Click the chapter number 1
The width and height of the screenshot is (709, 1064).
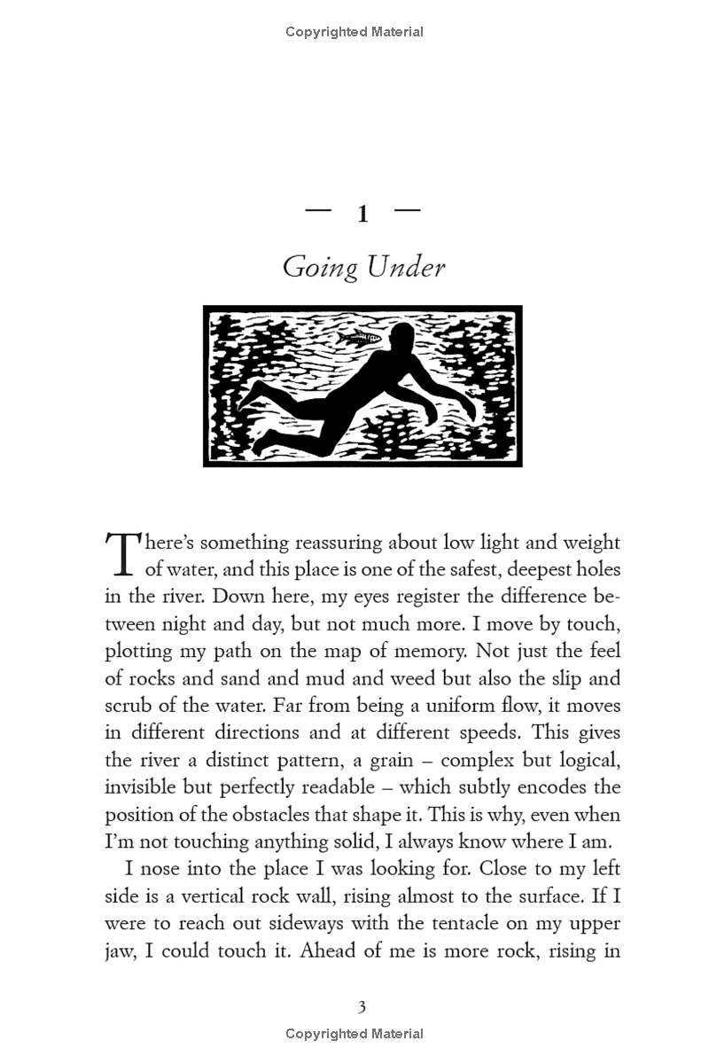pos(362,215)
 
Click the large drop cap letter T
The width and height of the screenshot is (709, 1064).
pos(123,552)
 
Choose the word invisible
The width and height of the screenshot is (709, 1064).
pos(144,787)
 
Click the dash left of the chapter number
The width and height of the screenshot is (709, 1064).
pos(317,211)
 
